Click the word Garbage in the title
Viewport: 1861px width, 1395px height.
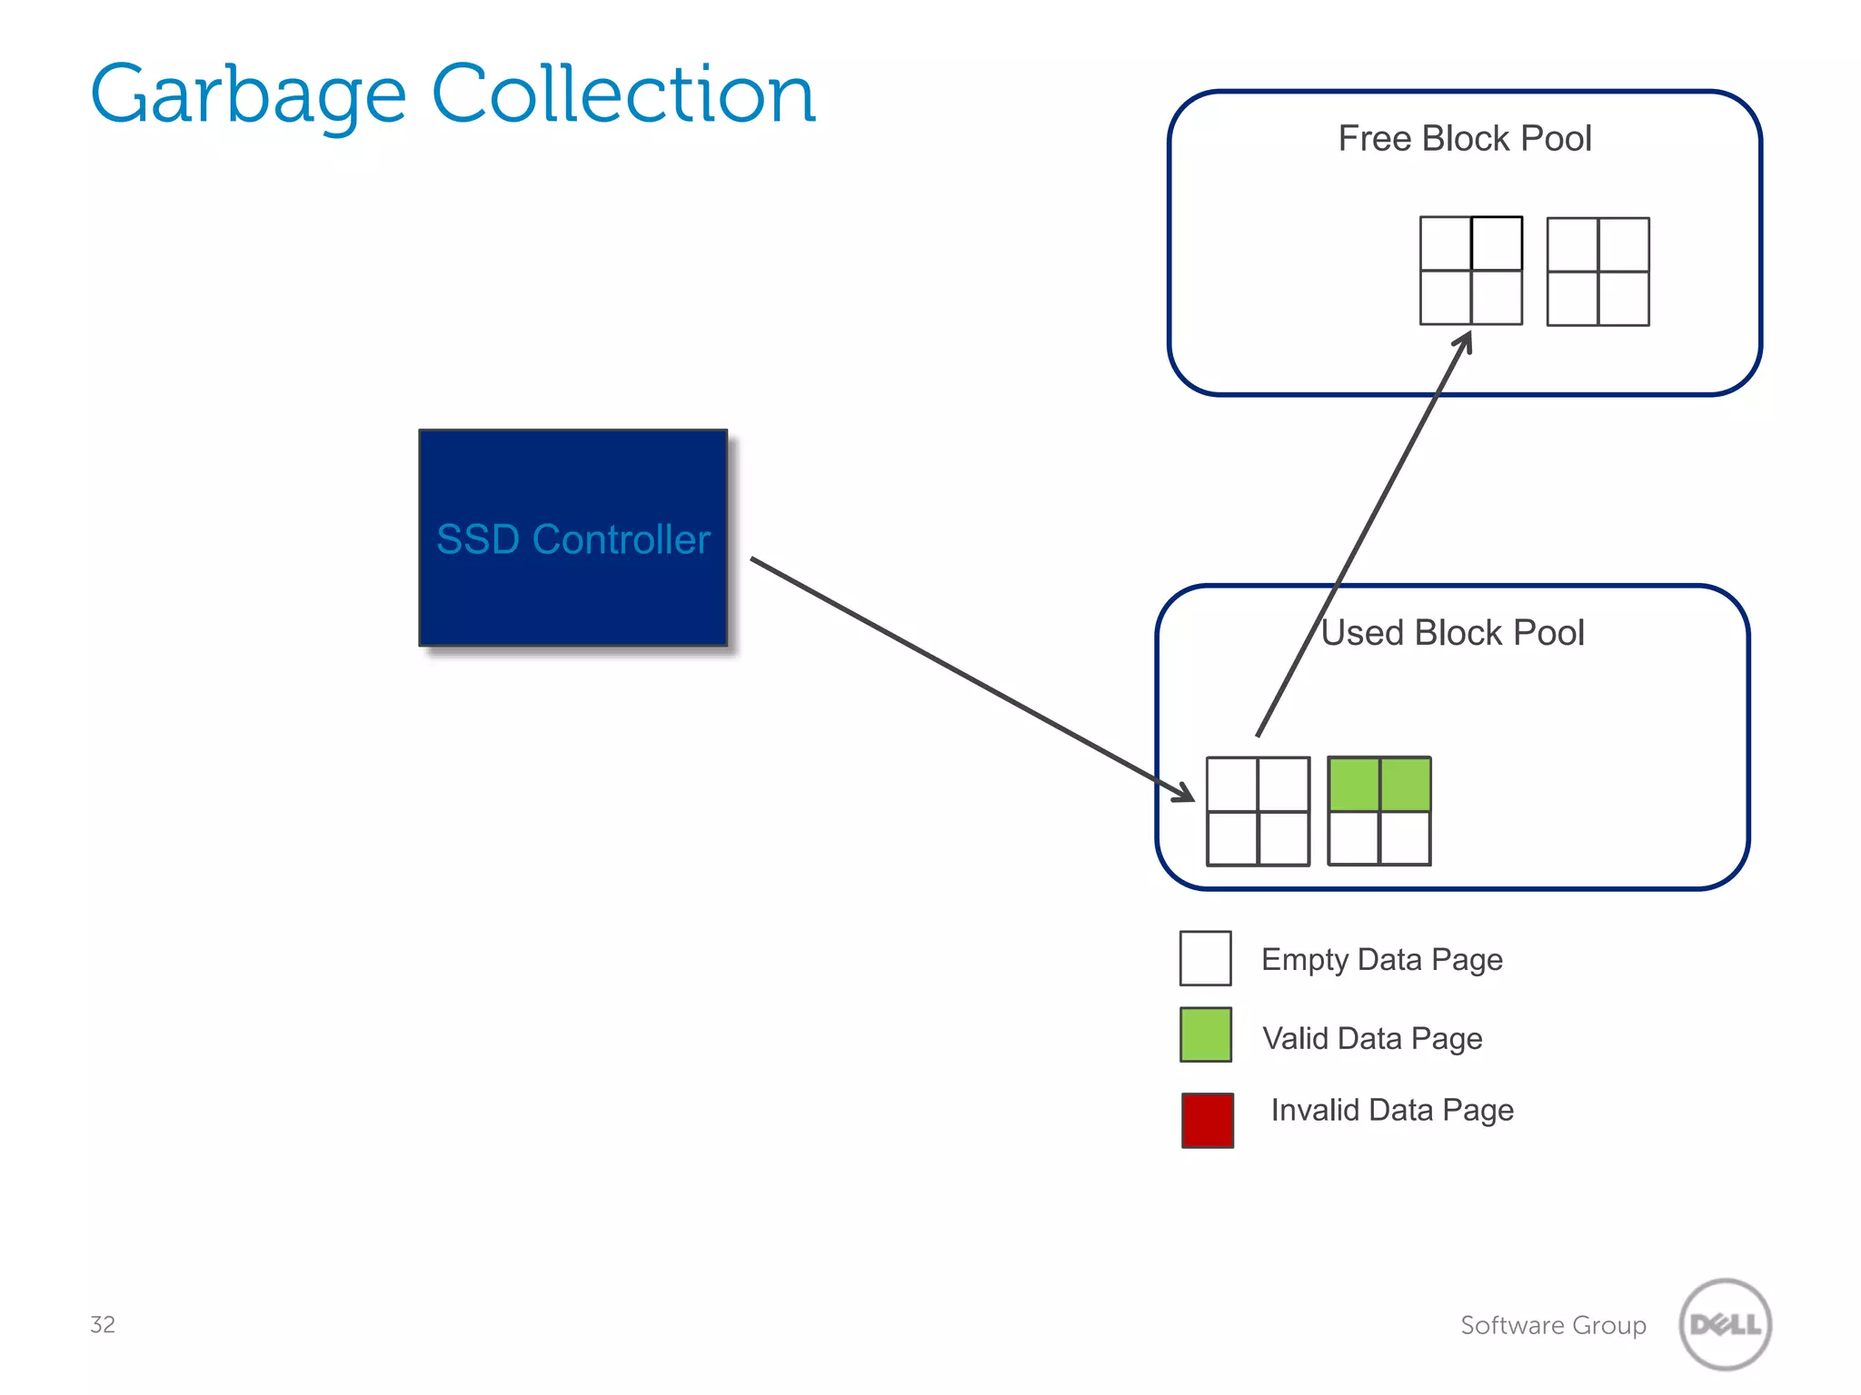pos(247,95)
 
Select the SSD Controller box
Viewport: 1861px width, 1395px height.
pos(572,538)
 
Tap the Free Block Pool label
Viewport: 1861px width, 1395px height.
pos(1464,139)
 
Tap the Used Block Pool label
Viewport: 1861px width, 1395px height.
pos(1452,633)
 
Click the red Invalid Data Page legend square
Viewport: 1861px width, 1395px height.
pos(1207,1120)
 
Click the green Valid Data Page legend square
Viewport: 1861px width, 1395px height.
pos(1205,1034)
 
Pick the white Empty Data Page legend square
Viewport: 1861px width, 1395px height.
pos(1205,958)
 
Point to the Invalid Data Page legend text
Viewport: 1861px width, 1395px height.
pos(1391,1110)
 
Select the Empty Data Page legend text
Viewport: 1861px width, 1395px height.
pos(1381,960)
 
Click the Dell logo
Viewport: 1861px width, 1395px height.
pos(1725,1324)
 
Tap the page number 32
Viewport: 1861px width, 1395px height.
pos(103,1324)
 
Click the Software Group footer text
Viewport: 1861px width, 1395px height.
pos(1553,1325)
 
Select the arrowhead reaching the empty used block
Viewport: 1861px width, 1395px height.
pos(1184,794)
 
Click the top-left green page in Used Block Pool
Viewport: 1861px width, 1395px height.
pos(1354,785)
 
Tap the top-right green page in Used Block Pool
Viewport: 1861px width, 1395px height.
pos(1405,785)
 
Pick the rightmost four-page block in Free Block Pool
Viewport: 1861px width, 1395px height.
pos(1597,272)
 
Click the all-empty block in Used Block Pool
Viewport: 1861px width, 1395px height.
pos(1258,811)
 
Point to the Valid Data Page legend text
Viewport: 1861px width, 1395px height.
pos(1372,1038)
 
